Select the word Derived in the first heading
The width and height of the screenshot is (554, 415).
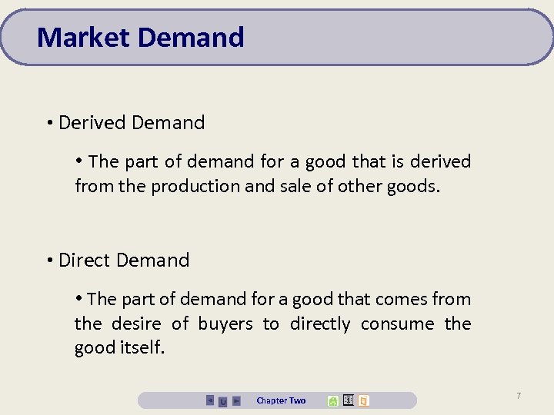[x=92, y=122]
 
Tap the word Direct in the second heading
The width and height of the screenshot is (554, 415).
[x=87, y=260]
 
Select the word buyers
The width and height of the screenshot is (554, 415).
[x=225, y=324]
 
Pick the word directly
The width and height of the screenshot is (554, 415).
[x=319, y=324]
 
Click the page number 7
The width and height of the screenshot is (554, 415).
[x=519, y=396]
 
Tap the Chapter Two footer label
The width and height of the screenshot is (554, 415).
[x=281, y=400]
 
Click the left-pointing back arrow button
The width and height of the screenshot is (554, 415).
[x=210, y=400]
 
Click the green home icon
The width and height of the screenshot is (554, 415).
[x=332, y=400]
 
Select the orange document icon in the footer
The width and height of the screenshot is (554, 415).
[x=363, y=400]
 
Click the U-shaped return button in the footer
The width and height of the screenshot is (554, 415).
[x=222, y=401]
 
